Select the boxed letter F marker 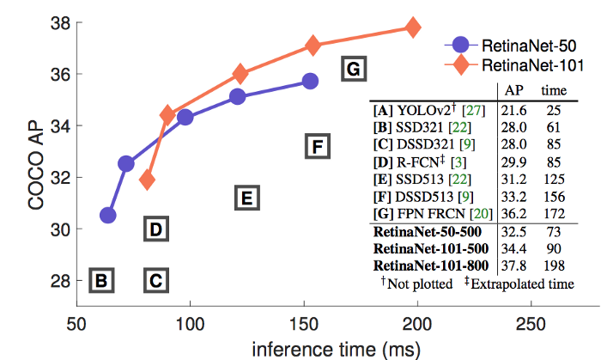(x=317, y=148)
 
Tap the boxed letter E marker (x=245, y=199)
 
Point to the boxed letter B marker (x=101, y=280)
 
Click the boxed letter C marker (x=155, y=280)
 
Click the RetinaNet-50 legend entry (x=511, y=44)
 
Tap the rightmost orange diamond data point (x=413, y=27)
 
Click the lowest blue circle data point (x=107, y=216)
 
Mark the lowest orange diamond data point (x=148, y=180)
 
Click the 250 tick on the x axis (x=530, y=322)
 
